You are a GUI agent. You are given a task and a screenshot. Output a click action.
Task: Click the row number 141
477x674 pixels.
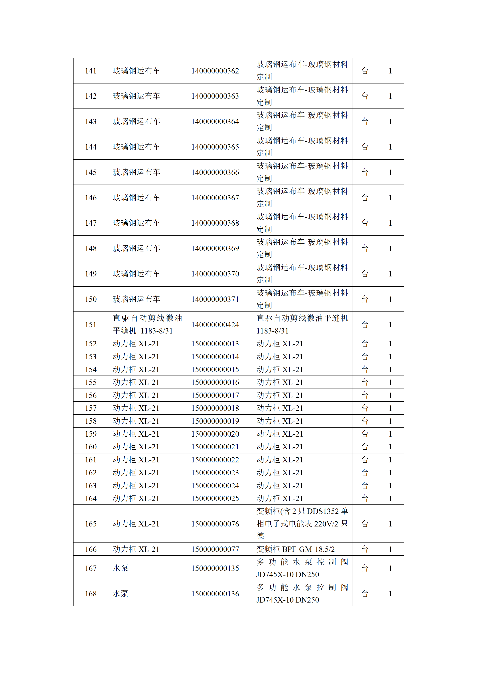(x=91, y=71)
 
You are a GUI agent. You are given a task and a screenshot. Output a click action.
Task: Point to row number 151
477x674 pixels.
(x=91, y=325)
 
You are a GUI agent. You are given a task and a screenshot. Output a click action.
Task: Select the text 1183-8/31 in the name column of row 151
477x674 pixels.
(x=156, y=331)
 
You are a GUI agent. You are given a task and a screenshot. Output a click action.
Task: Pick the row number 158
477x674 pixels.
(x=91, y=421)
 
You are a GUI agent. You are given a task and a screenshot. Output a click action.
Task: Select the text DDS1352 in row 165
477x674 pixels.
(x=323, y=511)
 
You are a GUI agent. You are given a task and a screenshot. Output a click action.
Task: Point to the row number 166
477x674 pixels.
(x=91, y=549)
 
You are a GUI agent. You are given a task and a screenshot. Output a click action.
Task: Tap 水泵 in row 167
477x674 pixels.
(x=120, y=568)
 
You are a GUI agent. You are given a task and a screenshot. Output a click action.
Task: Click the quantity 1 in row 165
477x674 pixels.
(x=390, y=524)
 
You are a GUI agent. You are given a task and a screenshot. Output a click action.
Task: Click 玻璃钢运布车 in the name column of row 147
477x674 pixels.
(x=136, y=223)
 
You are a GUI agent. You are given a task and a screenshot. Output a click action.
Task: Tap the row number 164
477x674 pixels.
(x=91, y=498)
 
